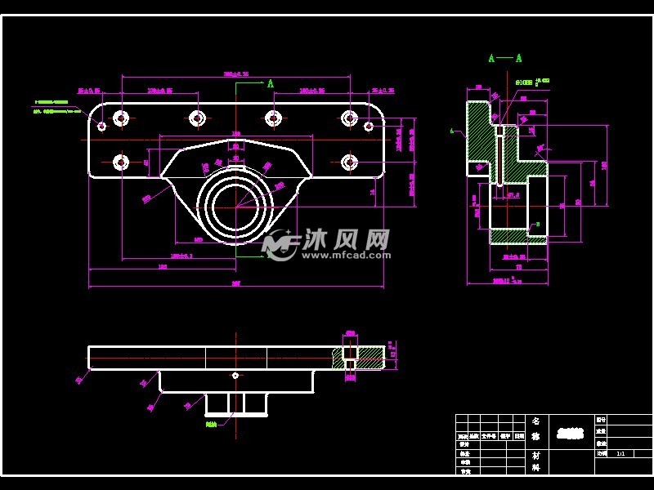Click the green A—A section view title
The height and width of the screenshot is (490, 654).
coord(504,58)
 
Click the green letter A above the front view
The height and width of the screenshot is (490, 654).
coord(270,83)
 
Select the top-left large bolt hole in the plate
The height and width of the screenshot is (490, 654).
coord(121,118)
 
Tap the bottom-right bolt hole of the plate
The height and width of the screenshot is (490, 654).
coord(349,162)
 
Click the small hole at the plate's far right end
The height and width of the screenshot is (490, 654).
coord(369,126)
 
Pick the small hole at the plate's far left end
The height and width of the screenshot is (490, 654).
coord(101,126)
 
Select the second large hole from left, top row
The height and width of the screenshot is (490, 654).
coord(196,118)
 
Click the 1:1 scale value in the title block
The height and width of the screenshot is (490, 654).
coord(621,452)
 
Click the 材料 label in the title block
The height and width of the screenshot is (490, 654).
coord(536,461)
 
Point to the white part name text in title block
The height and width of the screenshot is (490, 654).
coord(570,434)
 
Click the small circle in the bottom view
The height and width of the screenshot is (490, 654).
coord(235,375)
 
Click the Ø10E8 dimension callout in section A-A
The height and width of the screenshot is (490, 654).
coord(524,82)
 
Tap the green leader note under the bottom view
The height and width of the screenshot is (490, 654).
coord(211,424)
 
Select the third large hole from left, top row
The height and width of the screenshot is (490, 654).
coord(273,118)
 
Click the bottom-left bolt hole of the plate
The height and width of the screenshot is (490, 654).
coord(121,162)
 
